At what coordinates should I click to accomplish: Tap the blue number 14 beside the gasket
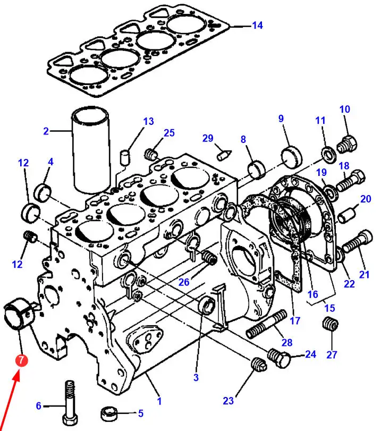coord(257,26)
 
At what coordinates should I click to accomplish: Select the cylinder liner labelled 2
coord(90,150)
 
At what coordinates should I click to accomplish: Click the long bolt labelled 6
coord(70,404)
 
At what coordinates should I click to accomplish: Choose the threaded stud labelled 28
coord(266,324)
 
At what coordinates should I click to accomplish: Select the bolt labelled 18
coord(351,180)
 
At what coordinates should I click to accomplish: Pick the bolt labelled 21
coord(358,242)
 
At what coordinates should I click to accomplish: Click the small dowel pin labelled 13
coord(125,157)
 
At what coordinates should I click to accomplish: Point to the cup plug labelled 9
coord(291,158)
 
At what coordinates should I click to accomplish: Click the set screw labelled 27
coord(330,324)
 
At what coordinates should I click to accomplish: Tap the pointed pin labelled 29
coord(224,155)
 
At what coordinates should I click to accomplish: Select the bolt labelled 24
coord(278,357)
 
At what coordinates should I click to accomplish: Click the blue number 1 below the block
coord(159,401)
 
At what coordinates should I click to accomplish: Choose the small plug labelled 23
coord(259,365)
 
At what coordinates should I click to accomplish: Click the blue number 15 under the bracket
coord(329,308)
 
